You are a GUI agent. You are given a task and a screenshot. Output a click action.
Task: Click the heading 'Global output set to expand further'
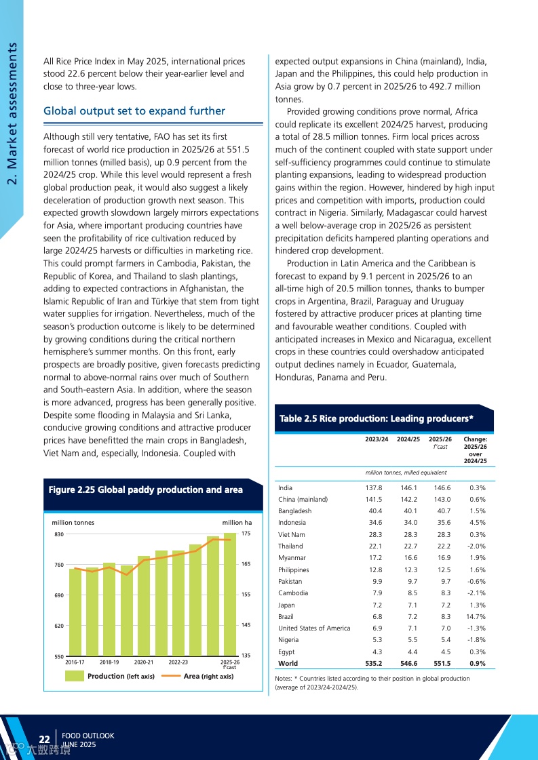click(x=134, y=111)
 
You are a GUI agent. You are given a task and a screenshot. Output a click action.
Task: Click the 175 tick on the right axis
click(x=246, y=534)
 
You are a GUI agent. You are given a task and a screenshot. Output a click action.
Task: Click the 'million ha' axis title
click(x=237, y=523)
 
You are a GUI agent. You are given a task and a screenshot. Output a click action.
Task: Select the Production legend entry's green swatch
click(x=75, y=676)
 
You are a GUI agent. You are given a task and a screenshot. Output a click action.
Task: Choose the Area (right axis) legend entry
click(x=208, y=676)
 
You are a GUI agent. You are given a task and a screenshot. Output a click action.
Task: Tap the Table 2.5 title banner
click(x=377, y=418)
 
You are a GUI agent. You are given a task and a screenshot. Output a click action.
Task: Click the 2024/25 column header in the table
click(x=408, y=439)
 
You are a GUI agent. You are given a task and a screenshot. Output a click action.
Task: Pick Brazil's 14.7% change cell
click(x=477, y=617)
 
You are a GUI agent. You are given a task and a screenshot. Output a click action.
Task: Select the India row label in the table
click(x=286, y=487)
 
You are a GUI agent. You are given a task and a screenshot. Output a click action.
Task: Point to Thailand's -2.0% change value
click(x=477, y=546)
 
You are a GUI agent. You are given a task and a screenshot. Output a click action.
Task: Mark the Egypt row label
click(x=286, y=652)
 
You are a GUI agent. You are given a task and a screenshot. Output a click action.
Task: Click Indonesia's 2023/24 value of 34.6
click(x=375, y=523)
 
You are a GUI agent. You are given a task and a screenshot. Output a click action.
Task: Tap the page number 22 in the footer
click(x=45, y=739)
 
